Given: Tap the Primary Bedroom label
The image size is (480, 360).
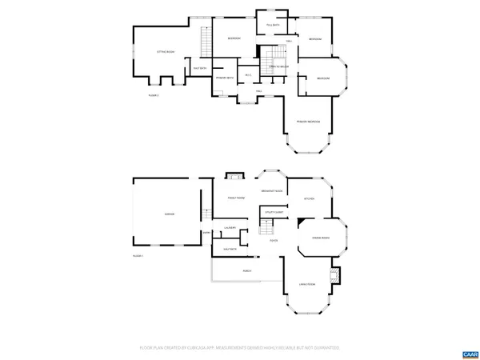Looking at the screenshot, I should coord(308,121).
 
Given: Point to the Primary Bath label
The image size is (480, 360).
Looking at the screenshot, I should coord(225,78).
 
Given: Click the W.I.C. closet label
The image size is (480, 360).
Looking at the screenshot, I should coord(249,75).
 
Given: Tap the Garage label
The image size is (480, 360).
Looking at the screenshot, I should coord(170,214).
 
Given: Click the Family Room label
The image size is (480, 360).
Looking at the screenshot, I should coord(236,198).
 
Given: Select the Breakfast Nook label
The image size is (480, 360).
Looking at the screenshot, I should coord(272,191).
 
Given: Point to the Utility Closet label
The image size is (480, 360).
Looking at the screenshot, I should coord(274,213).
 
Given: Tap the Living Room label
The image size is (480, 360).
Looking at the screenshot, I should coord(309,285).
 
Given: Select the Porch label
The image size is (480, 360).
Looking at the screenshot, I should coord(246,271).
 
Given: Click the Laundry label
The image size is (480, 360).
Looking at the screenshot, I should coord(229,229).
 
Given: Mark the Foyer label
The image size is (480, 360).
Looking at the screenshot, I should coord(274,241).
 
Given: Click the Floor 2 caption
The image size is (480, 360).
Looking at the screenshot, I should coord(154,95).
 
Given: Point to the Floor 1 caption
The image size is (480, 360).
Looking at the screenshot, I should coord(138,255).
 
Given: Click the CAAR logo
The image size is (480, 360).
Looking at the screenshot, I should coord(469,353).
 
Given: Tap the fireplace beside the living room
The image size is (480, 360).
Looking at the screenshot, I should coord(336,275).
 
